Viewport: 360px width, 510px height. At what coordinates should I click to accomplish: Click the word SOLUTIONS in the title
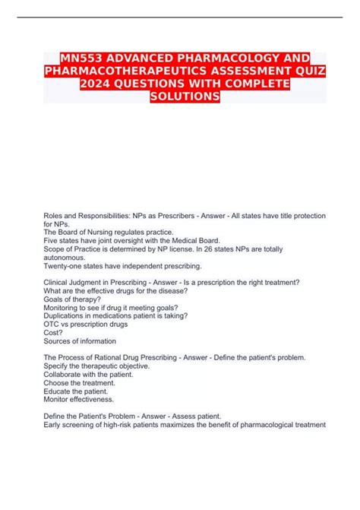(x=180, y=99)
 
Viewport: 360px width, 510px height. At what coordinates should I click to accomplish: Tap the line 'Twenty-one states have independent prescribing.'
(x=122, y=266)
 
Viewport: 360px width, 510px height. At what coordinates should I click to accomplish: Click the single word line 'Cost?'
(x=54, y=332)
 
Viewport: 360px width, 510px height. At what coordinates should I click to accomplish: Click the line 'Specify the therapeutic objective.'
(x=97, y=366)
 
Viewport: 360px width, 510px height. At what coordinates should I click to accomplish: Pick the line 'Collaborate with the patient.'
(x=89, y=374)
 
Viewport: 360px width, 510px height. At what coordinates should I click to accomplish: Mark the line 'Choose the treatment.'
(x=79, y=382)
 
